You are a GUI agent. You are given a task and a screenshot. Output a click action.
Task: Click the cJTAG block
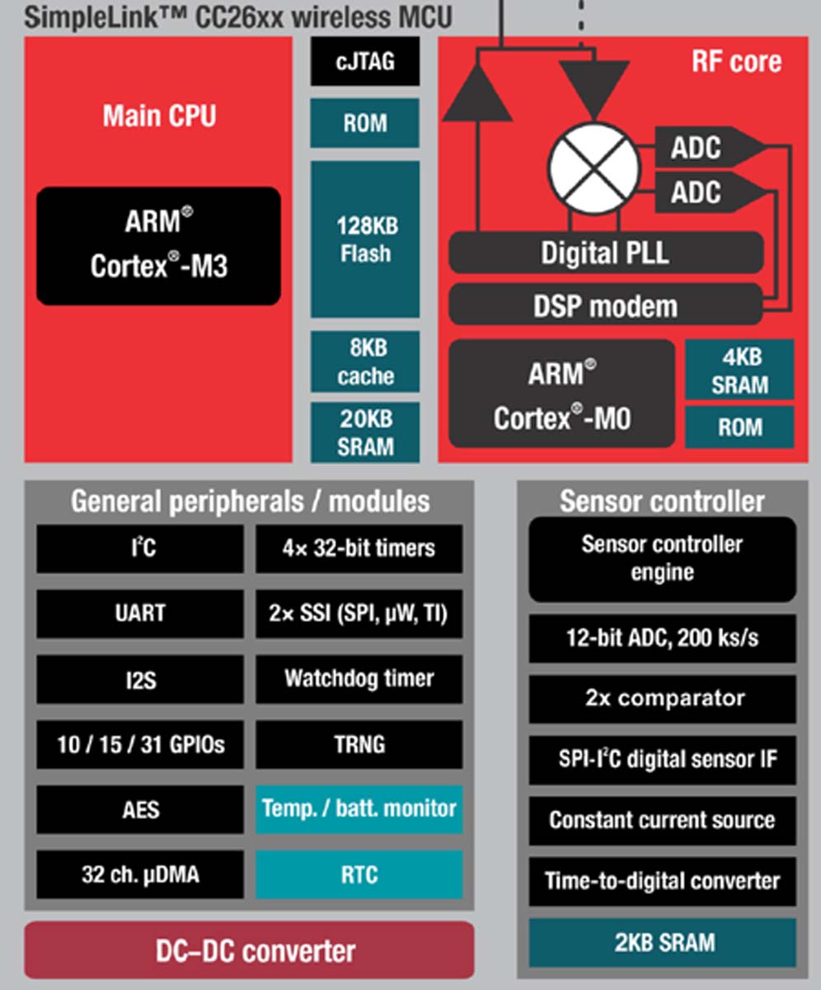pos(365,61)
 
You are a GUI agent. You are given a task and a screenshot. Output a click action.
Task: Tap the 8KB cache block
pos(365,361)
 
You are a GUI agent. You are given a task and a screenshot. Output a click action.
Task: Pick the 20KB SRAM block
pos(365,432)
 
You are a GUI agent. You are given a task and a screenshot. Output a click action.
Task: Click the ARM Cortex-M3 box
pos(158,245)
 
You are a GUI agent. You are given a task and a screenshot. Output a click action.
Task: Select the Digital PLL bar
pos(605,252)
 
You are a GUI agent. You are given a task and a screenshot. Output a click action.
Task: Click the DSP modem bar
pos(605,305)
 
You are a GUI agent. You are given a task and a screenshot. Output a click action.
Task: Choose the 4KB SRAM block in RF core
pos(739,370)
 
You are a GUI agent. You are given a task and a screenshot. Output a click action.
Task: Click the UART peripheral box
pos(140,613)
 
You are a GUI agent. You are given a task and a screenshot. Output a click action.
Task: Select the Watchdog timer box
pos(359,679)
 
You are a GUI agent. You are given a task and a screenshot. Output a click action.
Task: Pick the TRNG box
pos(359,744)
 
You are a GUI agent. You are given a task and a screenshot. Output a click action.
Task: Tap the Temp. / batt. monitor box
pos(359,808)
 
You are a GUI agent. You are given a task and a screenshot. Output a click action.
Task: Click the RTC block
pos(359,874)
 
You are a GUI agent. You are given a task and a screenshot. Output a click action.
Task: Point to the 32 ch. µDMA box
pos(140,874)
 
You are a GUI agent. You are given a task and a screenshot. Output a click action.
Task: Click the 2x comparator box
pos(663,699)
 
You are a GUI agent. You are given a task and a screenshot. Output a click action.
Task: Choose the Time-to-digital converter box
pos(663,880)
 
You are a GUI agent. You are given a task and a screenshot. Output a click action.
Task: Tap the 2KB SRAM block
pos(663,942)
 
